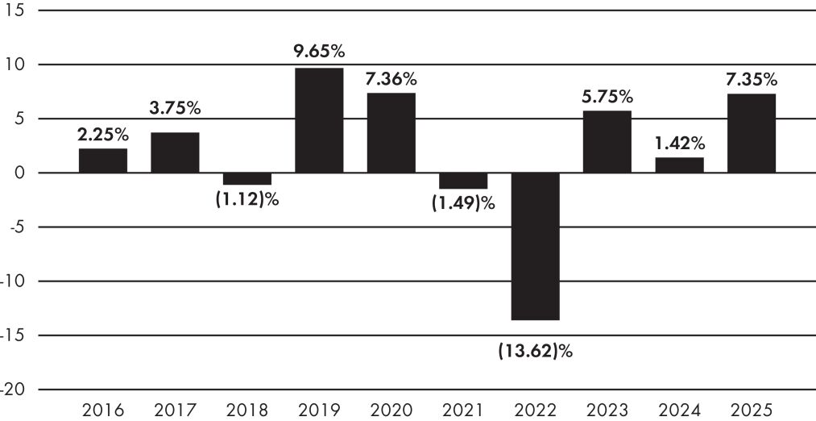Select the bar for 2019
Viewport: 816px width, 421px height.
pos(319,120)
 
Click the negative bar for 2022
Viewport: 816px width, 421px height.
pos(536,247)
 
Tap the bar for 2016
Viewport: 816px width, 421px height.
pos(103,160)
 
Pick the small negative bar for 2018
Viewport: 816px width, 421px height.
pos(247,179)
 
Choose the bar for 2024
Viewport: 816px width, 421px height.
pos(680,165)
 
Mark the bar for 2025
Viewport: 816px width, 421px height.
pos(752,133)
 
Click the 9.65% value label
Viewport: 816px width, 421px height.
pos(320,52)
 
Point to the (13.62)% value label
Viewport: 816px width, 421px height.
pos(536,351)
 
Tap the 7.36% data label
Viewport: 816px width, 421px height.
pos(391,79)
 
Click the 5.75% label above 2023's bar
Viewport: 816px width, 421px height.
pos(607,97)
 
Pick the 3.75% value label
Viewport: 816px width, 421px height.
pos(176,109)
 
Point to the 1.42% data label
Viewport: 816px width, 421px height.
pos(680,142)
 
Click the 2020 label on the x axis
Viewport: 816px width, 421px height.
pos(391,410)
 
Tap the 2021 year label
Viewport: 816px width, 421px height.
pos(463,410)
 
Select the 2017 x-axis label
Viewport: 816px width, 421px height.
pos(176,410)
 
